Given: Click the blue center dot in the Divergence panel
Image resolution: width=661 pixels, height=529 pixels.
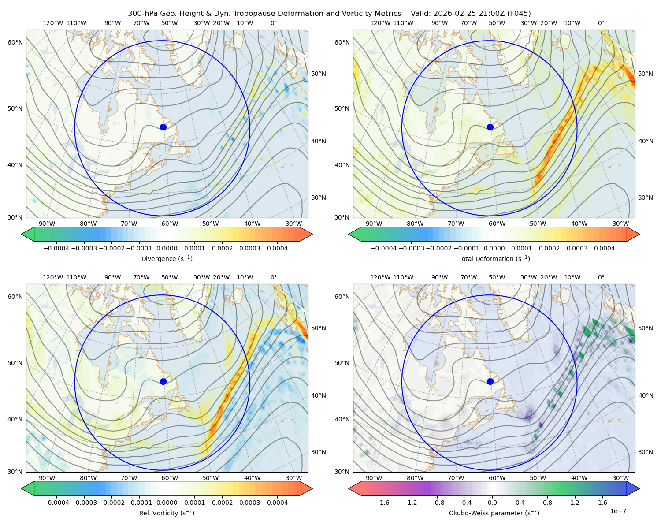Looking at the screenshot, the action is pos(163,127).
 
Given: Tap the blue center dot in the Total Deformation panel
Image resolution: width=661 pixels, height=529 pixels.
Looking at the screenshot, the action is pos(490,127).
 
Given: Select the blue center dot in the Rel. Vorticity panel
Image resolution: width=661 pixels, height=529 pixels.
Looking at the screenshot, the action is pos(163,381).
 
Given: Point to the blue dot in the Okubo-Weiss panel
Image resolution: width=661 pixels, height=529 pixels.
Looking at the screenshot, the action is pos(490,381).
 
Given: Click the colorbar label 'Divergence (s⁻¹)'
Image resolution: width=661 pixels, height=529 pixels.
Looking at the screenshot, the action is pos(167,258).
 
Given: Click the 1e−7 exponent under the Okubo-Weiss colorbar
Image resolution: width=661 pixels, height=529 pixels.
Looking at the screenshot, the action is pos(618,511).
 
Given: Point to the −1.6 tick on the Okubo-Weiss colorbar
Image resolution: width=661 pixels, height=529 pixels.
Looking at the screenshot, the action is pos(382,502).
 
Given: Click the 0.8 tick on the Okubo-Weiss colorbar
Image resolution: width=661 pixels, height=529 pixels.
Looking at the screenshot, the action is pos(547,502).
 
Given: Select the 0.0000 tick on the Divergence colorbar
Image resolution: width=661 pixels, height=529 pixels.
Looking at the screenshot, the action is pos(167,248).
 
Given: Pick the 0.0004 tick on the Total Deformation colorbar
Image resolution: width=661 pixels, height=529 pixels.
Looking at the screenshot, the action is pos(604,248).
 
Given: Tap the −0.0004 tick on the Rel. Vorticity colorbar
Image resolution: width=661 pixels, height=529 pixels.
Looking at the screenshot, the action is pos(56,502).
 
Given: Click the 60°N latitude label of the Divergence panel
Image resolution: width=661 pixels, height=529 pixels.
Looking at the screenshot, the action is pos(15,42).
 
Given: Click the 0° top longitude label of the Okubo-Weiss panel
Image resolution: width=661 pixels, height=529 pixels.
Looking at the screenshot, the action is pos(601,277).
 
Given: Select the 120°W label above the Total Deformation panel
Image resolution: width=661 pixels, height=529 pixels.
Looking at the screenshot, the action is pos(380,23).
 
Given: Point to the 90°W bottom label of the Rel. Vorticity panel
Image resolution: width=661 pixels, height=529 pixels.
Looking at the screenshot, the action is pos(47,478).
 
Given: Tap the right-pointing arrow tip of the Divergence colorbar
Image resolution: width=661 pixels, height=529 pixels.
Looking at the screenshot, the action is pos(312,234).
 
